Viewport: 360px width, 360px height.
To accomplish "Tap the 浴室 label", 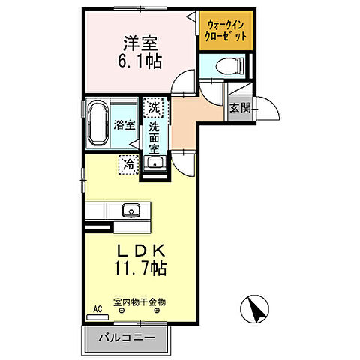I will tap(124, 125).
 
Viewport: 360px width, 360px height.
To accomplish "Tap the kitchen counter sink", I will tap(131, 210).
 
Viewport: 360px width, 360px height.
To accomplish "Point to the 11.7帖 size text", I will tap(139, 268).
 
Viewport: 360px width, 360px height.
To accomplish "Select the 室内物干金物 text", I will tap(139, 301).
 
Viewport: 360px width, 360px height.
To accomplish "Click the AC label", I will tap(97, 308).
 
